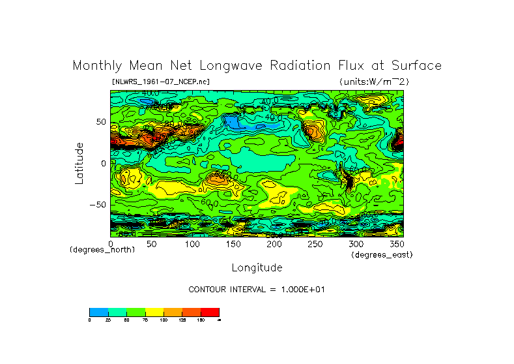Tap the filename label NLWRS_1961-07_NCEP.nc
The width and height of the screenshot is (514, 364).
[x=161, y=82]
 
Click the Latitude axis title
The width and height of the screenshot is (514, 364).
[x=79, y=163]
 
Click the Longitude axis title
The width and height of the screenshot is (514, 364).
[x=257, y=267]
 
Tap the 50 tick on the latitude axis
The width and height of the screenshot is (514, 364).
[x=100, y=122]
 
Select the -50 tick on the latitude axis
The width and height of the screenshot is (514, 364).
[x=96, y=205]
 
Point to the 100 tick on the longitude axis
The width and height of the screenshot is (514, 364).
[x=192, y=244]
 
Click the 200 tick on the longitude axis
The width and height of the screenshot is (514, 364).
[x=274, y=244]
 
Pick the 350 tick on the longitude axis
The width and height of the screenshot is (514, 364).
[x=397, y=244]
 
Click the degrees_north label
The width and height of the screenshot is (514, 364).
[x=102, y=250]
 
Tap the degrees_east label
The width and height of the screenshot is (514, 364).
[x=382, y=254]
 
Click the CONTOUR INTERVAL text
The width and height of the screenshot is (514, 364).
[x=227, y=289]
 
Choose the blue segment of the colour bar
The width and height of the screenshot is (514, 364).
[x=98, y=312]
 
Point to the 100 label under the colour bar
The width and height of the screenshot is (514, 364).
[x=163, y=320]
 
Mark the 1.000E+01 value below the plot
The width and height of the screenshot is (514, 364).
[x=296, y=289]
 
